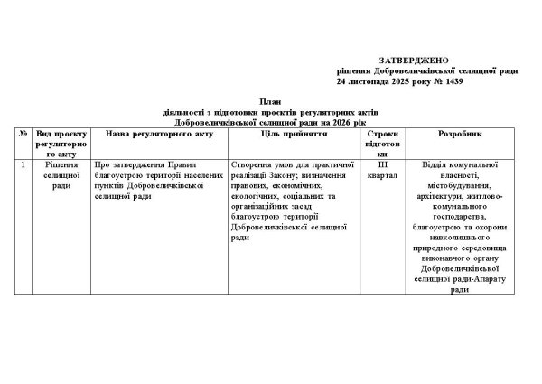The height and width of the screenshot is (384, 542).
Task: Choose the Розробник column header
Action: (x=460, y=132)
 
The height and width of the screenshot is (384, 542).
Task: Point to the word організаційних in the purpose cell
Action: (x=262, y=207)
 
